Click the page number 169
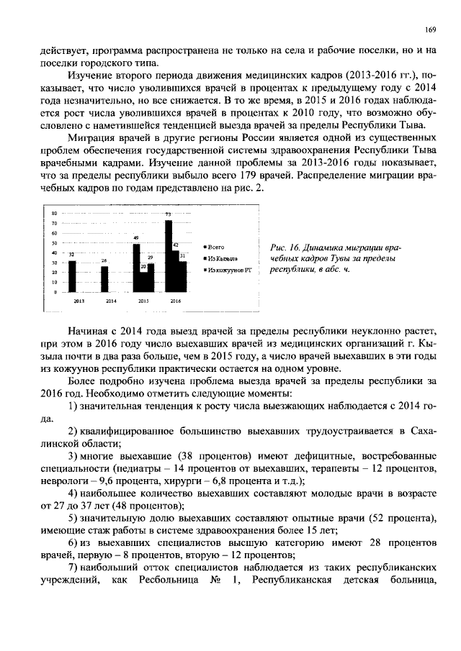(430, 29)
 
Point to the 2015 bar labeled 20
(143, 282)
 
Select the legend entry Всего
(216, 246)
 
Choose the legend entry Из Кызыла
(222, 257)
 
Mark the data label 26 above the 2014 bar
(104, 261)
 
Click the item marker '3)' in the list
(73, 457)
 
